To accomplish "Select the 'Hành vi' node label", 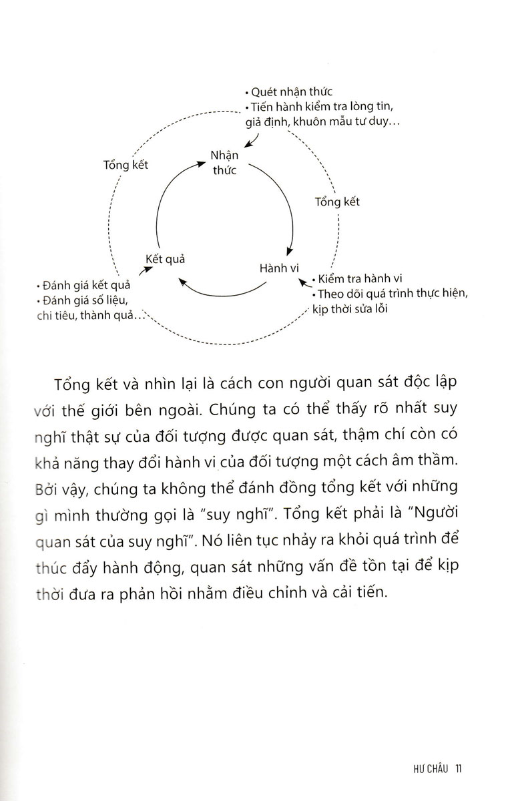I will click(x=277, y=268).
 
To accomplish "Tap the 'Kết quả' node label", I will click(x=166, y=258).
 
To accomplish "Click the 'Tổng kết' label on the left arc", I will click(x=126, y=165).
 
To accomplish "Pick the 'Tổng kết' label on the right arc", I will click(x=337, y=202).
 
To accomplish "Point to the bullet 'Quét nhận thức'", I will click(x=290, y=93).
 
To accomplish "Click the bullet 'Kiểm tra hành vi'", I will click(x=358, y=278).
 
